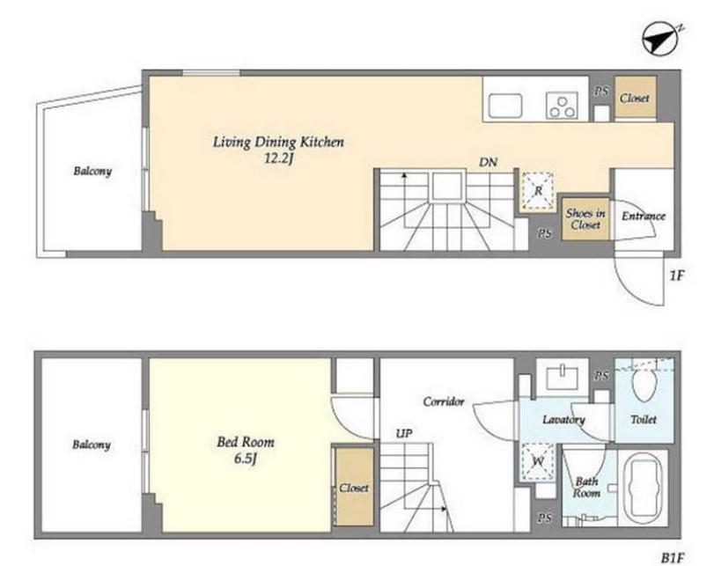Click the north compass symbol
(x=659, y=39)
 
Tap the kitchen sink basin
(x=505, y=106)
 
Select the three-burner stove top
(x=562, y=106)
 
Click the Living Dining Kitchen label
(x=278, y=142)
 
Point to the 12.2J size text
(x=278, y=158)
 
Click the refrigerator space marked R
(x=538, y=191)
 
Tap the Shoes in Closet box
(x=585, y=219)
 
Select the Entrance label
(x=644, y=216)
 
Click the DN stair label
(x=488, y=162)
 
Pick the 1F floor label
(x=677, y=275)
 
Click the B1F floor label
(x=673, y=558)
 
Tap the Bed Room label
(x=246, y=442)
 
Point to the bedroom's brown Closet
(x=354, y=487)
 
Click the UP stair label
(x=404, y=433)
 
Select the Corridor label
(x=444, y=401)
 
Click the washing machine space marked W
(x=538, y=462)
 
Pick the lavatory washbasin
(x=562, y=378)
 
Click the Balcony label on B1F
(x=92, y=445)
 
